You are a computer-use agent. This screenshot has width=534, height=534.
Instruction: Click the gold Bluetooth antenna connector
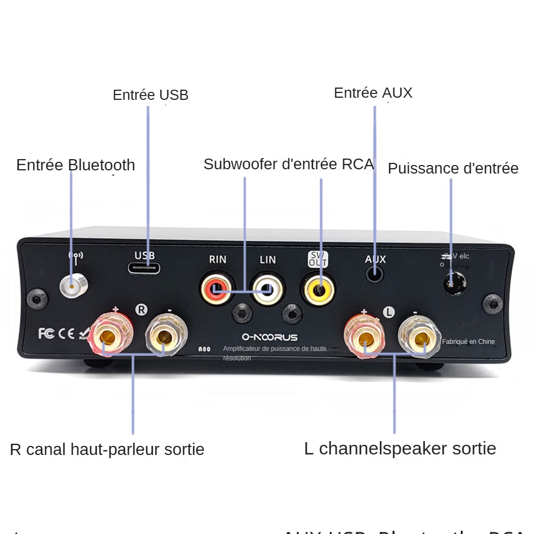pos(73,287)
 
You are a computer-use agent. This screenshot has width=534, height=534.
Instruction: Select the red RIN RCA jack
pos(216,288)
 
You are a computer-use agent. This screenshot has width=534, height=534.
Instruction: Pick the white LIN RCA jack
pos(268,289)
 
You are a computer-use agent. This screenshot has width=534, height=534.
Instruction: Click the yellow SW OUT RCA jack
pos(318,289)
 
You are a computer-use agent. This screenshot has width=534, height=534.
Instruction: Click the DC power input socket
pos(453,281)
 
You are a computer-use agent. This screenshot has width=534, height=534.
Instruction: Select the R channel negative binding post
pos(164,336)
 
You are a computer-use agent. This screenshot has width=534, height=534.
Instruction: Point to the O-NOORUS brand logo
pos(270,337)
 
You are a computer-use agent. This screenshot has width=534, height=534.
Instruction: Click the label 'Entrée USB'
pos(151,95)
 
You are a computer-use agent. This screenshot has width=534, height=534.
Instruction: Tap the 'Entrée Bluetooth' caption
pos(76,164)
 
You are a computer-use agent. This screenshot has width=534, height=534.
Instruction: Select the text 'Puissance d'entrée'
pos(453,168)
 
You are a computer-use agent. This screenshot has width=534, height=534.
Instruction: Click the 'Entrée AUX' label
pos(373,92)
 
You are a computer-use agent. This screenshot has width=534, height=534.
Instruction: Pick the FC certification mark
pos(46,334)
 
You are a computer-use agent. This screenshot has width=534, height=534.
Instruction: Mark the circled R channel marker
pos(141,309)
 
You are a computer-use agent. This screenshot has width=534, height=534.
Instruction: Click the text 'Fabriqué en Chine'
pos(468,342)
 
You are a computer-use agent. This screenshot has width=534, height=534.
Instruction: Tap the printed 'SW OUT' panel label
pos(318,260)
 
